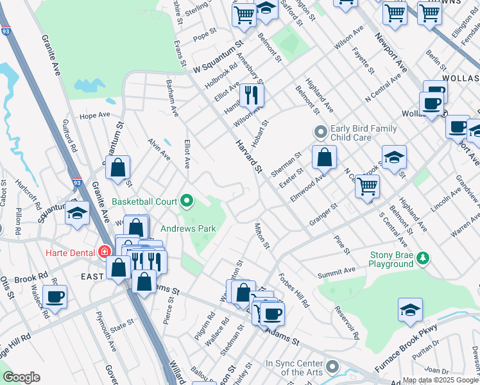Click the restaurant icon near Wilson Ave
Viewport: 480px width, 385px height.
point(252,96)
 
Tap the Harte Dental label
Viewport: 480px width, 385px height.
point(70,252)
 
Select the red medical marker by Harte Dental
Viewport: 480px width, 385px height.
point(105,252)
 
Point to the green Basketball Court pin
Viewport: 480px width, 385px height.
point(187,201)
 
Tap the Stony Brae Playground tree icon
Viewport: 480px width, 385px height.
point(422,258)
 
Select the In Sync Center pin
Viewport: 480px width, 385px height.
point(332,368)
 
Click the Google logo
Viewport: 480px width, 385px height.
point(21,377)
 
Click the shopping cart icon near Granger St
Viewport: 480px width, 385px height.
point(367,187)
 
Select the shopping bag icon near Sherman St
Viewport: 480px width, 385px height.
point(325,157)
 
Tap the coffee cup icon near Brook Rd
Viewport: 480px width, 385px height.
point(55,297)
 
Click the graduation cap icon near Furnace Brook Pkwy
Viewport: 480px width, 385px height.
point(410,311)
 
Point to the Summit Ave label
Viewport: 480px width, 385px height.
point(336,273)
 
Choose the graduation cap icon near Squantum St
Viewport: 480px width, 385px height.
point(77,213)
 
